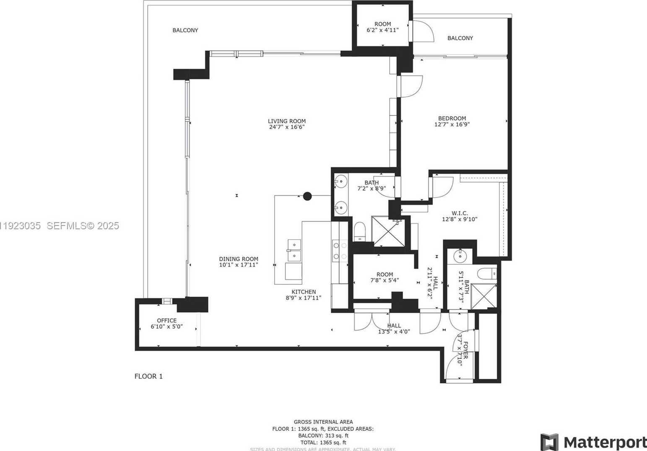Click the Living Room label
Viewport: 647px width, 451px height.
click(287, 121)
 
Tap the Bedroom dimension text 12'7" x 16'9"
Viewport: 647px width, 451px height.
click(452, 124)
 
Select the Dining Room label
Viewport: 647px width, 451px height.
click(238, 259)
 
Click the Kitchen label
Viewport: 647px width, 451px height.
click(304, 292)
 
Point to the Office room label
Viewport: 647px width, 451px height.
click(166, 321)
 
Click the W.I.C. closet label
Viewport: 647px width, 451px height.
click(460, 213)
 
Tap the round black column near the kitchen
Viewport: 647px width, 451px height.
click(307, 196)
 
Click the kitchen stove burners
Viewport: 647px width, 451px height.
click(340, 250)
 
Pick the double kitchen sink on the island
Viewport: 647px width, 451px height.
click(294, 250)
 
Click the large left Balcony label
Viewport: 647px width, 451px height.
click(185, 30)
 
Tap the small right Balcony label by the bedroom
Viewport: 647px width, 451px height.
click(460, 38)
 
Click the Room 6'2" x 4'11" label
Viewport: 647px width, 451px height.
click(382, 24)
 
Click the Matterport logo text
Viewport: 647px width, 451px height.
click(604, 442)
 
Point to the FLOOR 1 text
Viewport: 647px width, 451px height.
click(148, 376)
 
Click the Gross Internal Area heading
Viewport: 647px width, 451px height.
click(323, 422)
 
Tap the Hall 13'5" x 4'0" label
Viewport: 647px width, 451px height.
click(394, 326)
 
